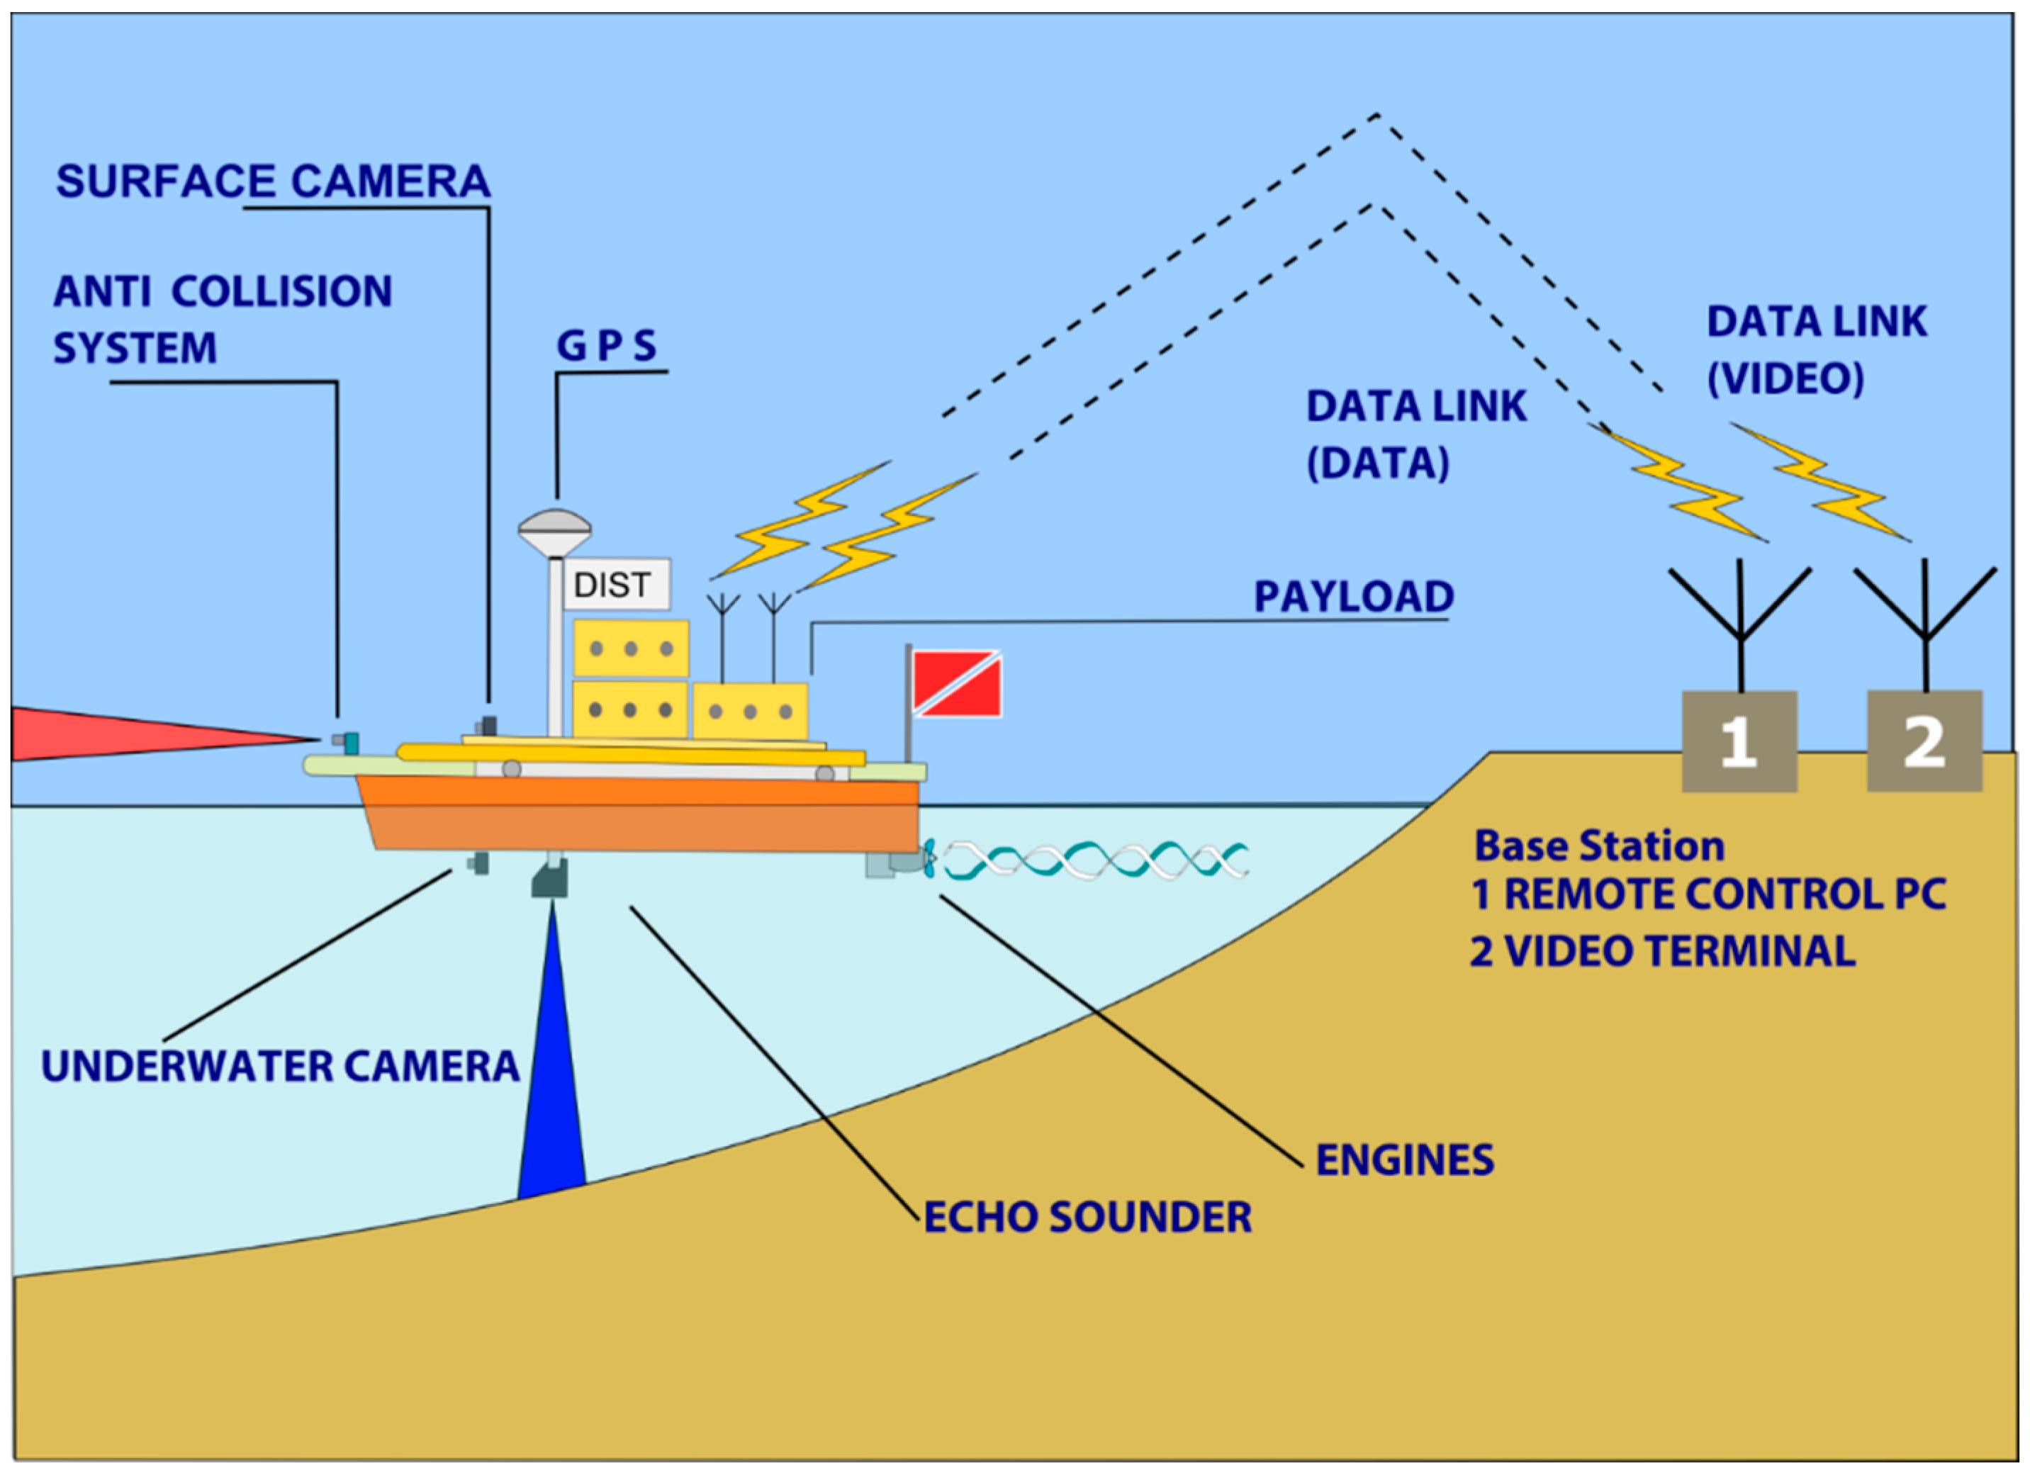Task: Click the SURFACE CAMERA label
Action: tap(273, 181)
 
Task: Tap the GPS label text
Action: tap(607, 346)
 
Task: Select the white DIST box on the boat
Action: tap(616, 585)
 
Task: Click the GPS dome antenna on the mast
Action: tap(555, 531)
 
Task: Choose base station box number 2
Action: tap(1924, 741)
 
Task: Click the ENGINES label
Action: tap(1404, 1160)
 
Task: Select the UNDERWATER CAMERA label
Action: tap(280, 1066)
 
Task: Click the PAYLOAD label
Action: tap(1353, 597)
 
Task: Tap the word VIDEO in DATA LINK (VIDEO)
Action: tap(1785, 378)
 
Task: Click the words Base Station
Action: tap(1598, 846)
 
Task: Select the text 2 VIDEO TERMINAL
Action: tap(1662, 950)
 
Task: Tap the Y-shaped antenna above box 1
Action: tap(1740, 609)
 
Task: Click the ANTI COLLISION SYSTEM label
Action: tap(222, 320)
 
